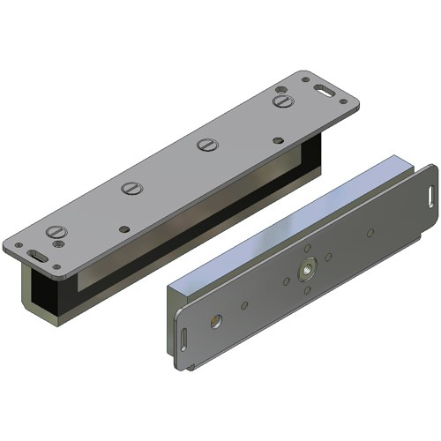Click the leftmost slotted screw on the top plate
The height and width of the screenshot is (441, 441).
point(56,232)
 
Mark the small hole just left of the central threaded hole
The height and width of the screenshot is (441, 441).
point(285,281)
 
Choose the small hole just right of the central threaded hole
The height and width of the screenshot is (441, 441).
point(327,257)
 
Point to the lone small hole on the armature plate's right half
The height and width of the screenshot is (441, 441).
point(370,233)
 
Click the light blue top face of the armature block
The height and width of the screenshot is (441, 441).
point(282,220)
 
